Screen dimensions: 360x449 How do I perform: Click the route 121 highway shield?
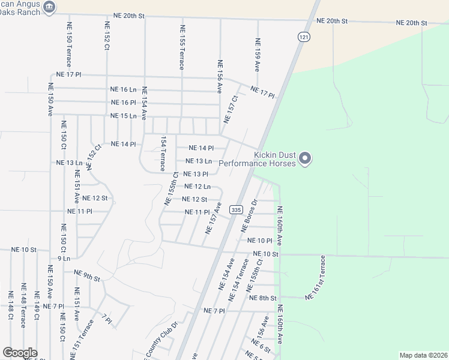[x=304, y=37]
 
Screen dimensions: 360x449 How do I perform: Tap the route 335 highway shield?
[x=236, y=209]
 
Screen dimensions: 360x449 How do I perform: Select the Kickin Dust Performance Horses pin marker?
[x=305, y=158]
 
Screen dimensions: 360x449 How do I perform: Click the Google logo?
[x=20, y=353]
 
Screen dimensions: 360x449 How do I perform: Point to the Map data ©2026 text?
[x=423, y=355]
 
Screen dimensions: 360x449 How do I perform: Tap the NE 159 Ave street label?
[x=258, y=55]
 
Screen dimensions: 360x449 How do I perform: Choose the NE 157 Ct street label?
[x=231, y=109]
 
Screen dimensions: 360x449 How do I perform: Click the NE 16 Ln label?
[x=124, y=89]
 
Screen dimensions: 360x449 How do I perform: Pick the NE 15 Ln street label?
[x=124, y=116]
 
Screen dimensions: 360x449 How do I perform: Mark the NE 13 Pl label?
[x=196, y=174]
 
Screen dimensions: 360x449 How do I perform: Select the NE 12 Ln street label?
[x=197, y=187]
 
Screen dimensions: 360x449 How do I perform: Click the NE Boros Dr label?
[x=249, y=215]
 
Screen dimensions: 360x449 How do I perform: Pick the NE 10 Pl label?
[x=260, y=241]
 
